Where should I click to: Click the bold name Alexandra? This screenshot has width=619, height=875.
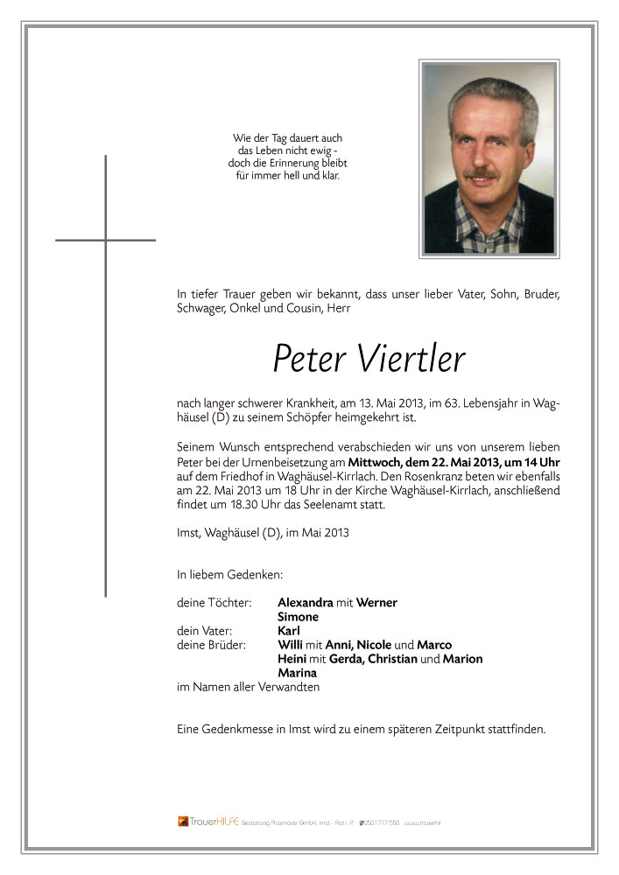[305, 602]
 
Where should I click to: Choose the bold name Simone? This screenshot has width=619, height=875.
[298, 617]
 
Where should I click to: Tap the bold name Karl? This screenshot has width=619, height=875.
[289, 631]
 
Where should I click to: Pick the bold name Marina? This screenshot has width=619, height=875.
[297, 673]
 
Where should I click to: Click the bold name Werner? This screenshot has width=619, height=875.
[376, 602]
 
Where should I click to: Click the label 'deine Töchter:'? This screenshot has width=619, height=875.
[214, 602]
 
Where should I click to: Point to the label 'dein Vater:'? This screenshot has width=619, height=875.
[206, 631]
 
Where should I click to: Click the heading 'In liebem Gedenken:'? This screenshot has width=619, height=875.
[229, 575]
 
